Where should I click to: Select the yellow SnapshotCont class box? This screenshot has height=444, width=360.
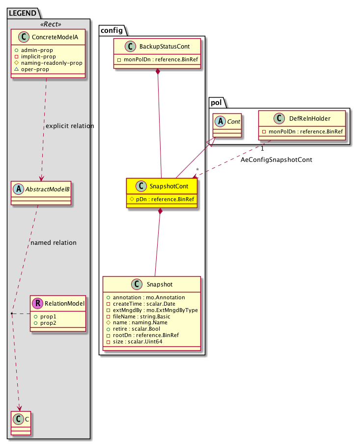click(x=161, y=193)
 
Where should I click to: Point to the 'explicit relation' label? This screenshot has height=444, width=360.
click(x=70, y=126)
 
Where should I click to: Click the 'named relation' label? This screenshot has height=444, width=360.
click(x=53, y=242)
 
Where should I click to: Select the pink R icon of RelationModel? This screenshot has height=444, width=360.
click(x=37, y=303)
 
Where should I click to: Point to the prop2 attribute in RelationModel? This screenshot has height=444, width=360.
click(x=48, y=322)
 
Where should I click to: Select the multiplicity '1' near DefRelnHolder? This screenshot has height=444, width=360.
click(x=263, y=148)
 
